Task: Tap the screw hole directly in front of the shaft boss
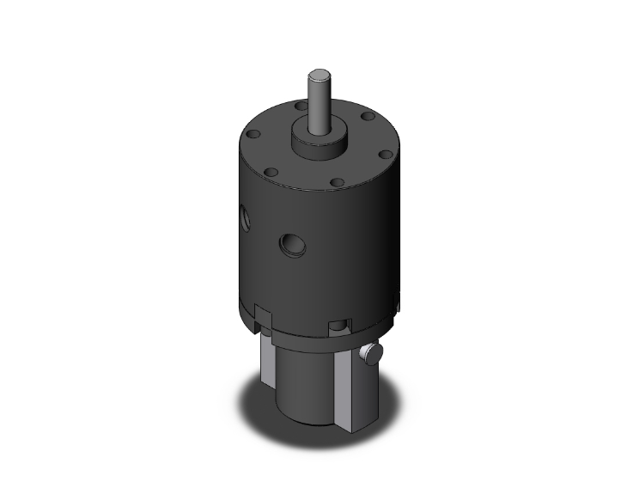click(x=337, y=183)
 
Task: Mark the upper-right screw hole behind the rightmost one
click(x=367, y=115)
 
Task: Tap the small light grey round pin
click(x=372, y=352)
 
